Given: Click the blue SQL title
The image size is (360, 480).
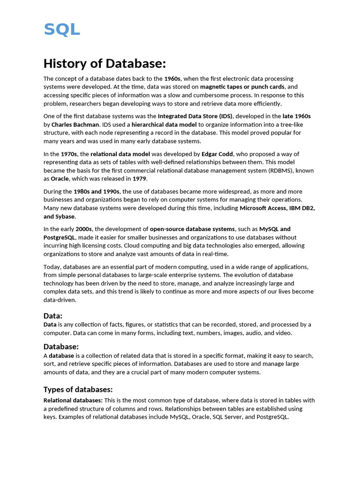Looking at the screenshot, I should pyautogui.click(x=62, y=29).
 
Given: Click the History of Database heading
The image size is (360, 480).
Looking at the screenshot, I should pyautogui.click(x=105, y=63).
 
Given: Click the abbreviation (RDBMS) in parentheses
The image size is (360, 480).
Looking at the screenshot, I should pyautogui.click(x=283, y=170).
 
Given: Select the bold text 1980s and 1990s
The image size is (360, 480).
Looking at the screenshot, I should pyautogui.click(x=97, y=191).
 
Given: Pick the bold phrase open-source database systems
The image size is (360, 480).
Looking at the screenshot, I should pyautogui.click(x=192, y=229).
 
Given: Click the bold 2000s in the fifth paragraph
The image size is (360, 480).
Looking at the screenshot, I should pyautogui.click(x=83, y=229).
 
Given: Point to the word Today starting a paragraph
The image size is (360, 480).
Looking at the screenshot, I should pyautogui.click(x=52, y=267).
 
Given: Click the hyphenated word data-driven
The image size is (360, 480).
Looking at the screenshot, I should pyautogui.click(x=60, y=300).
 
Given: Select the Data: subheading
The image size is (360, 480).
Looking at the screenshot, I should pyautogui.click(x=53, y=316).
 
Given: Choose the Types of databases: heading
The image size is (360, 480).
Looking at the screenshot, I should pyautogui.click(x=78, y=390).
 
